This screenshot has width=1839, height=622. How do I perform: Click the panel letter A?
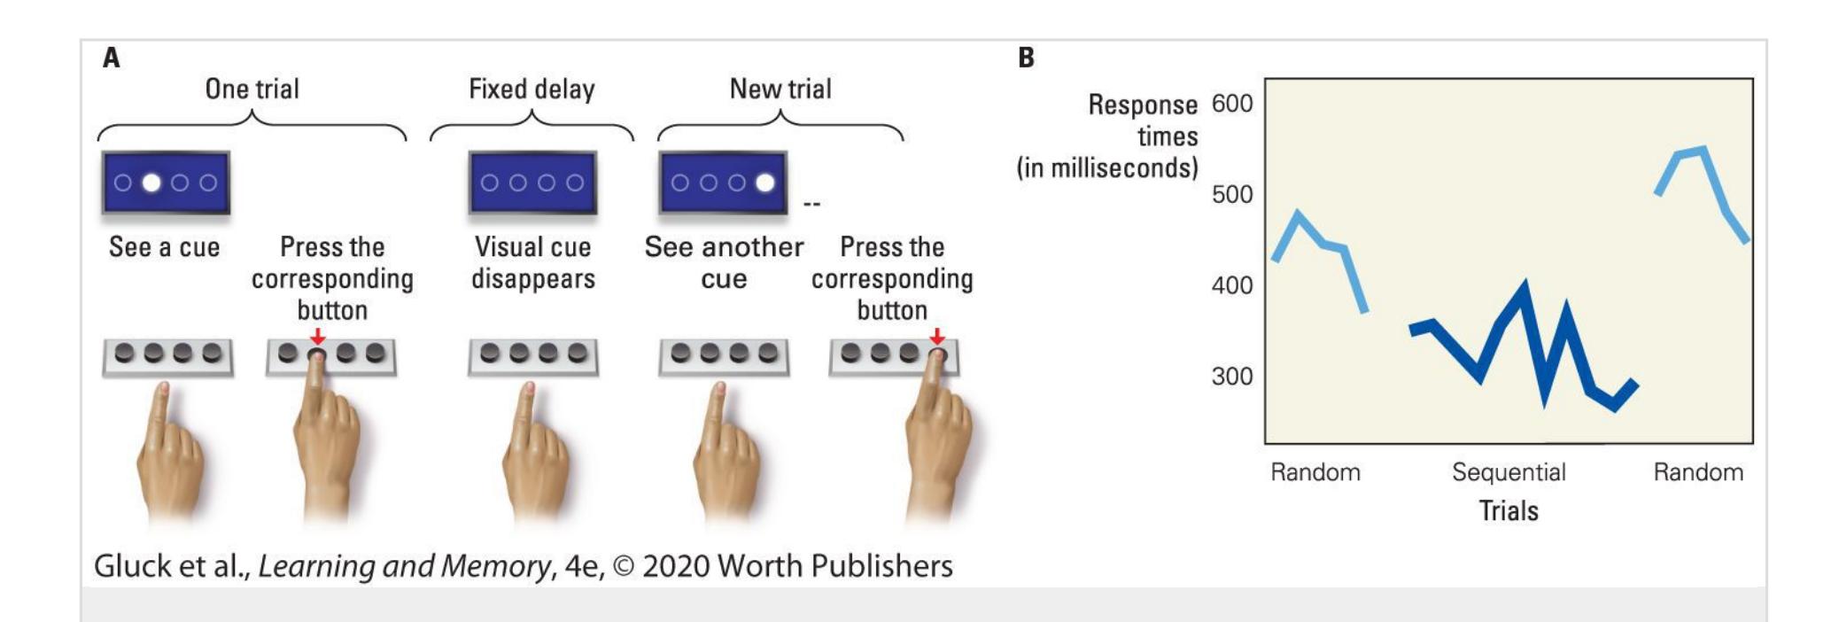112,58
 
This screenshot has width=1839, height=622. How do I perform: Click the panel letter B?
1026,58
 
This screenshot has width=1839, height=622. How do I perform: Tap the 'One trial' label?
252,89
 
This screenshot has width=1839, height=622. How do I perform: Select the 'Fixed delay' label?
532,89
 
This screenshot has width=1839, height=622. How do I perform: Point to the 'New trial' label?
780,89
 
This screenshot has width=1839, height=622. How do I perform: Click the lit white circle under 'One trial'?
151,183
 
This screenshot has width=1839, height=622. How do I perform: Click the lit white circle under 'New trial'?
764,183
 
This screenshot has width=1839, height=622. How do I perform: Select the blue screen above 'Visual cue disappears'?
532,183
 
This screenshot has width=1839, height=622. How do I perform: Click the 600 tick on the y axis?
1232,104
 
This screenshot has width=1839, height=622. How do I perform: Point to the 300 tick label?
1232,376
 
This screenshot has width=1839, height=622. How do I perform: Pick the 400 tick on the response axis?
1232,285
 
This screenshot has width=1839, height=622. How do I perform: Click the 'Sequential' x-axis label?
1509,472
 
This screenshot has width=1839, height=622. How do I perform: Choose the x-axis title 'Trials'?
1509,510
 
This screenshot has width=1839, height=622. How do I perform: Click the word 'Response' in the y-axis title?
1143,105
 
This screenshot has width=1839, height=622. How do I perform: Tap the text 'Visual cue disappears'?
532,262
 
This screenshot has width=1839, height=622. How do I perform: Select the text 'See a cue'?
164,247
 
